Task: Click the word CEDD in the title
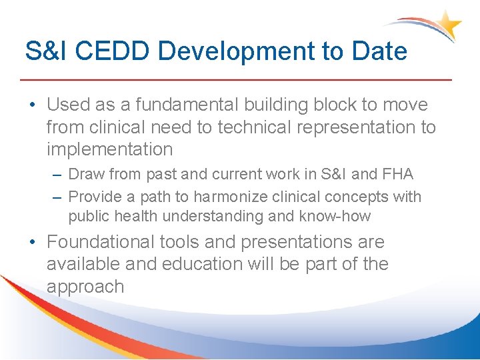[109, 51]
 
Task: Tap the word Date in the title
[377, 51]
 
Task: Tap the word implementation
[109, 149]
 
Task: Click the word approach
[85, 287]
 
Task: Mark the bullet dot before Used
[33, 105]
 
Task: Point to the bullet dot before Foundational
[33, 242]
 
